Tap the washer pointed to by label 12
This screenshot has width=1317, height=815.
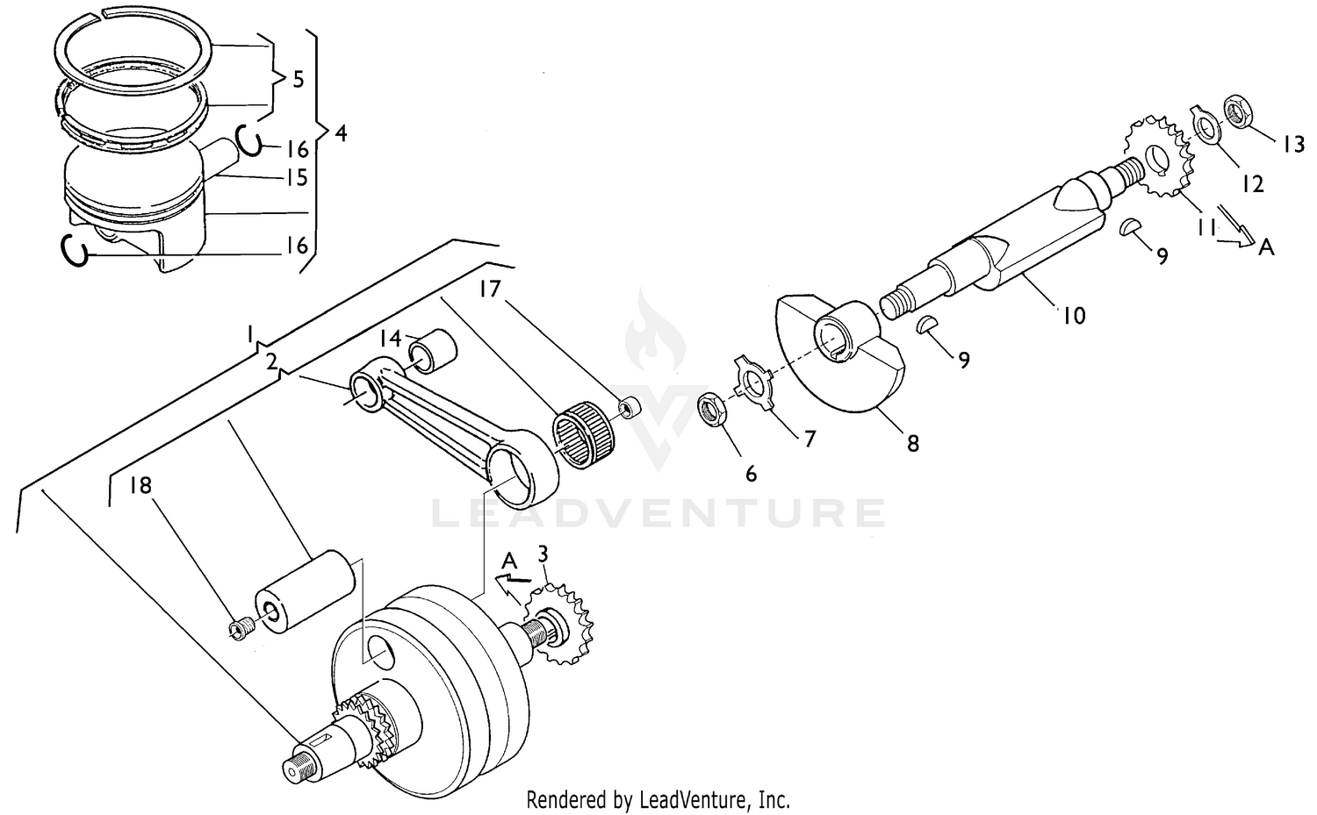click(1206, 128)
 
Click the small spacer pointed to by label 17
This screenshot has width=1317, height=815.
click(629, 409)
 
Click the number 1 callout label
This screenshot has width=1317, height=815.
click(251, 334)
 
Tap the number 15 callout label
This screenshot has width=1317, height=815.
click(297, 178)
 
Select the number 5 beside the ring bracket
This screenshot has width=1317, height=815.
click(298, 80)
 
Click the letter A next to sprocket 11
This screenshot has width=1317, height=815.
click(1265, 247)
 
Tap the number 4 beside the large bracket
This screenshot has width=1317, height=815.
click(341, 133)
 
